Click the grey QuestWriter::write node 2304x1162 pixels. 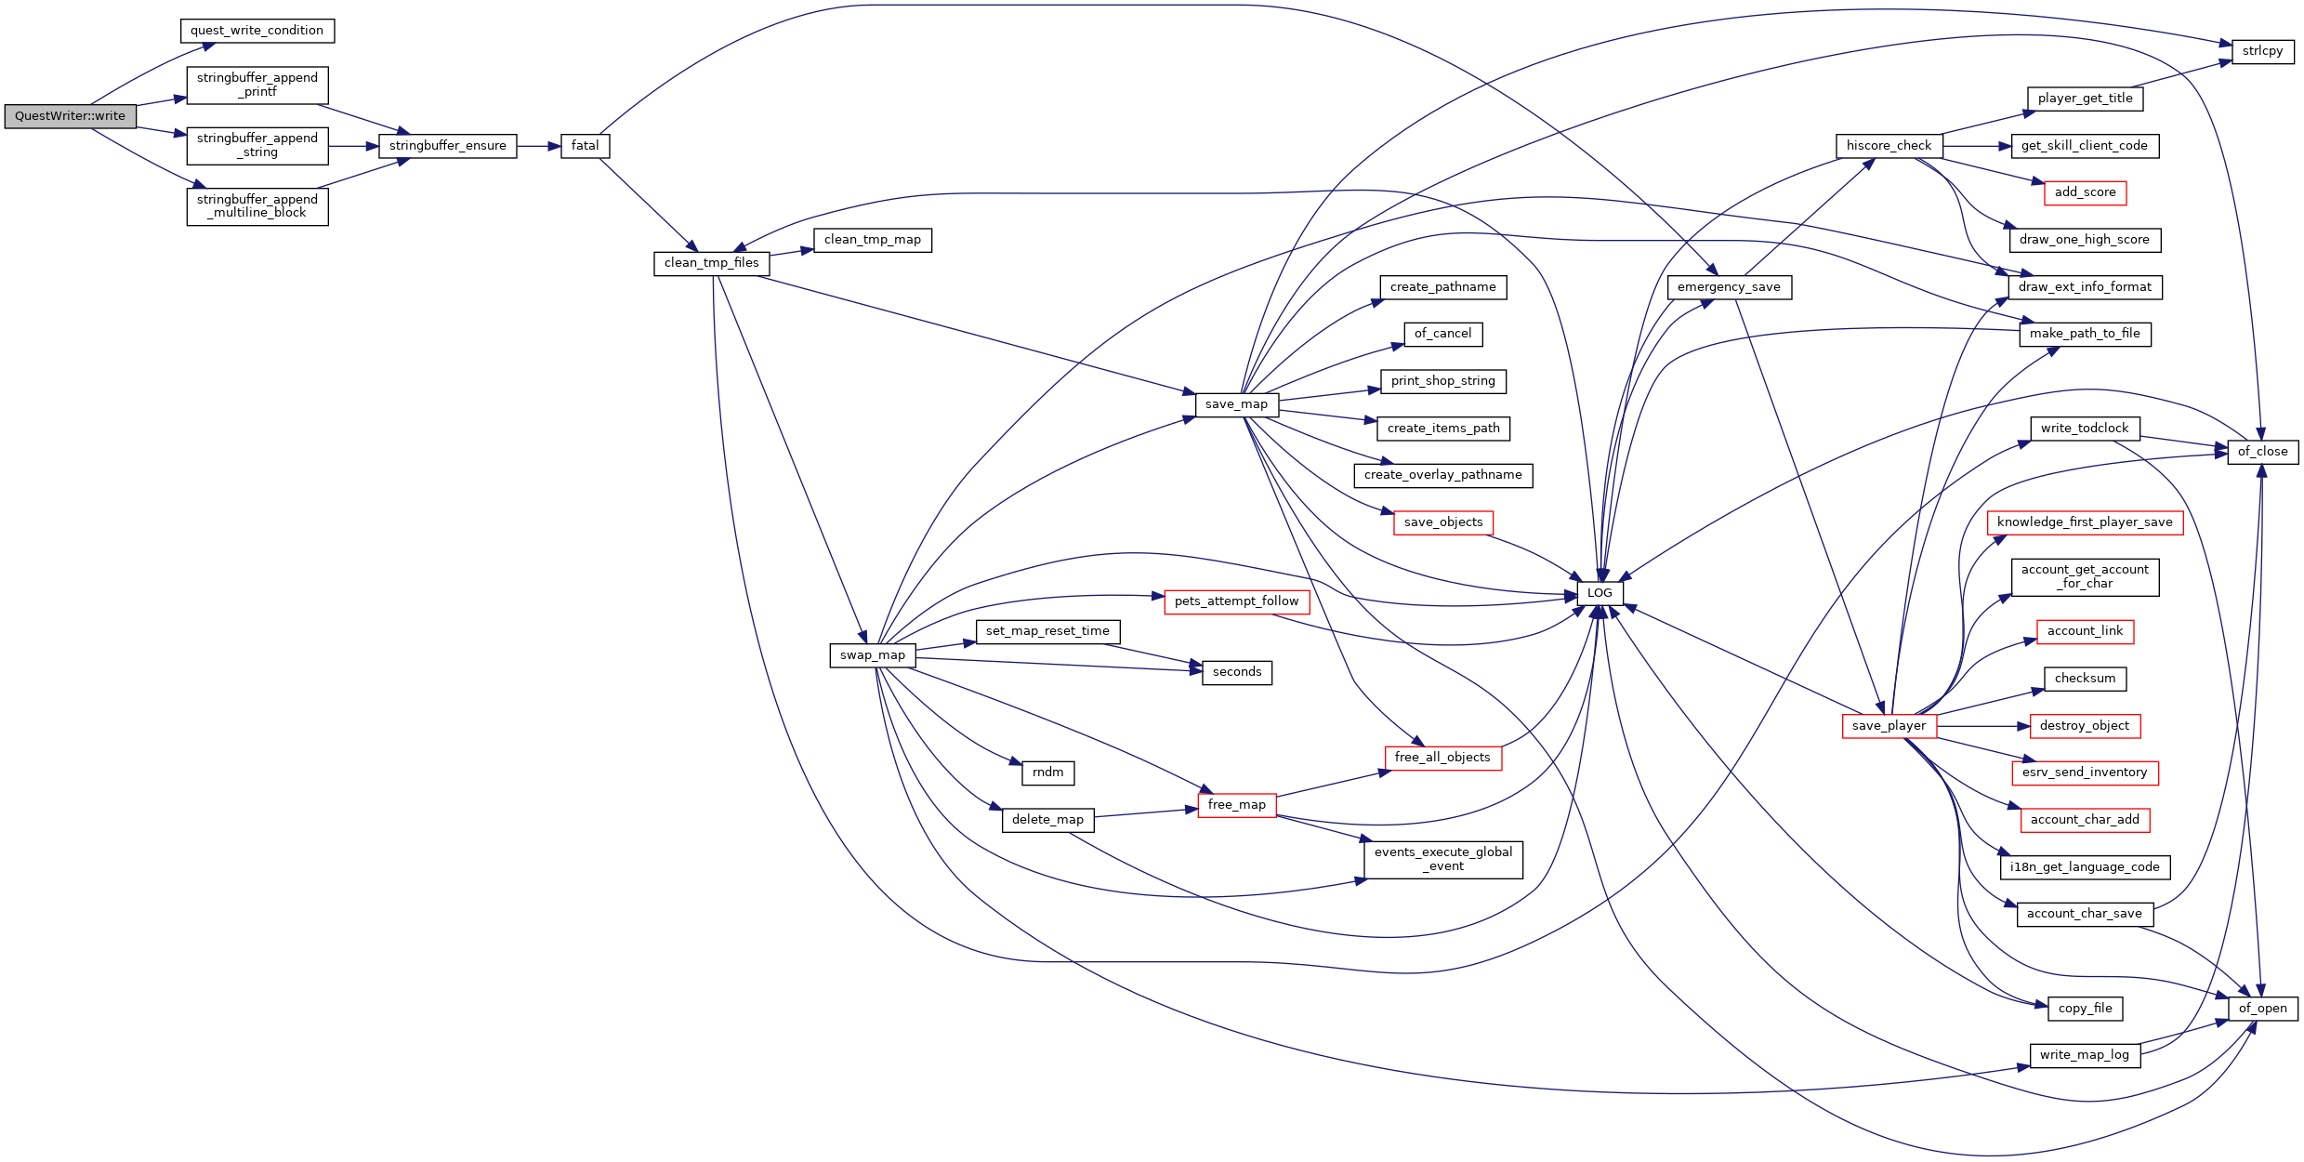coord(70,116)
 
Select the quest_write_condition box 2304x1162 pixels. coord(257,31)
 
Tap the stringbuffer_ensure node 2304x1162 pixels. coord(447,146)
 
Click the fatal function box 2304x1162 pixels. coord(585,146)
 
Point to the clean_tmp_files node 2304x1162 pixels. coord(712,263)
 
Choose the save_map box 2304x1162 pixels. coord(1236,404)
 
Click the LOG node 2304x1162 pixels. coord(1600,593)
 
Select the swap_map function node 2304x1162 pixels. coord(873,655)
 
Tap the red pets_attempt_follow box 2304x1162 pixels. coord(1236,601)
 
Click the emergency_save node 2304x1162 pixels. coord(1729,287)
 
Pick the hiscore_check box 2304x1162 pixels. coord(1889,146)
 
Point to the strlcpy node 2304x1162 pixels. coord(2262,51)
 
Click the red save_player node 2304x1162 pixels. coord(1889,726)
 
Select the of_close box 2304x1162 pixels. coord(2262,452)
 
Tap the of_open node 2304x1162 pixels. coord(2262,1009)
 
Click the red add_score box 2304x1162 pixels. coord(2085,192)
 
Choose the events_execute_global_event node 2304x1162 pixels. coord(1443,859)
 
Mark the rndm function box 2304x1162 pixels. coord(1048,772)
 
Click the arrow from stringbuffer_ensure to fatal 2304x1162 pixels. coord(538,146)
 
